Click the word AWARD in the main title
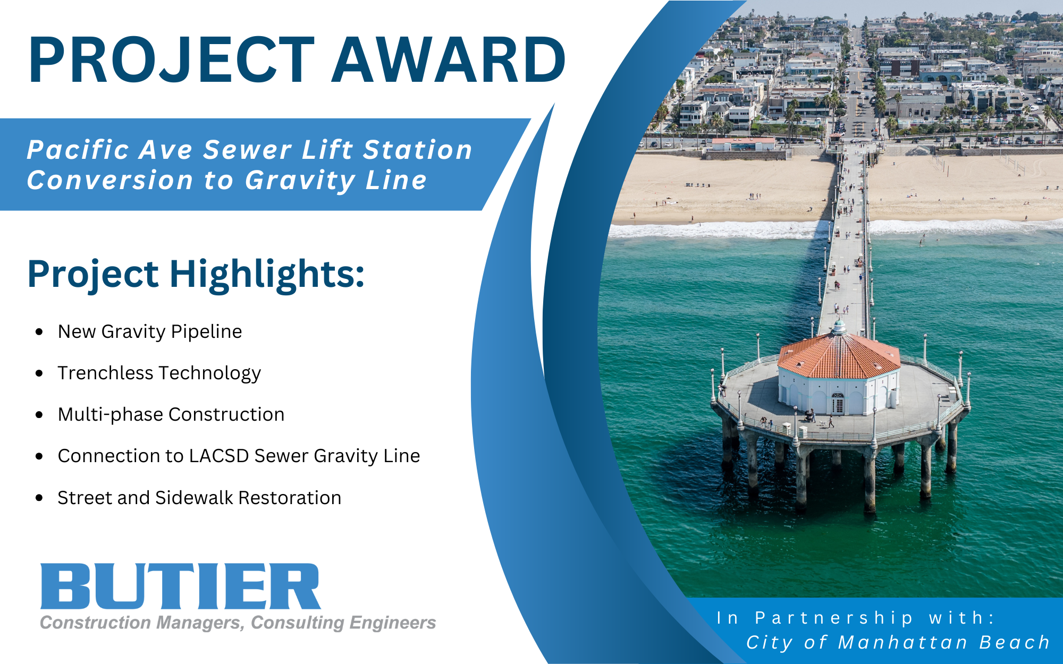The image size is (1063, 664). (x=449, y=59)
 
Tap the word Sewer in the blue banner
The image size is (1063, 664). (x=248, y=150)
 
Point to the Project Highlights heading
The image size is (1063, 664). (x=196, y=274)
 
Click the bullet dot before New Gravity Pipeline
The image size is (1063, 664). (x=39, y=332)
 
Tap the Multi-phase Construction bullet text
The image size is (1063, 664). (x=171, y=414)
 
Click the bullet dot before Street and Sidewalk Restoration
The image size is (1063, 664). (x=39, y=498)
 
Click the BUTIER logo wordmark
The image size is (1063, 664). (x=181, y=586)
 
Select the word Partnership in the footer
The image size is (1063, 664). (x=834, y=618)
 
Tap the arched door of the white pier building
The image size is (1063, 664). (x=838, y=404)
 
